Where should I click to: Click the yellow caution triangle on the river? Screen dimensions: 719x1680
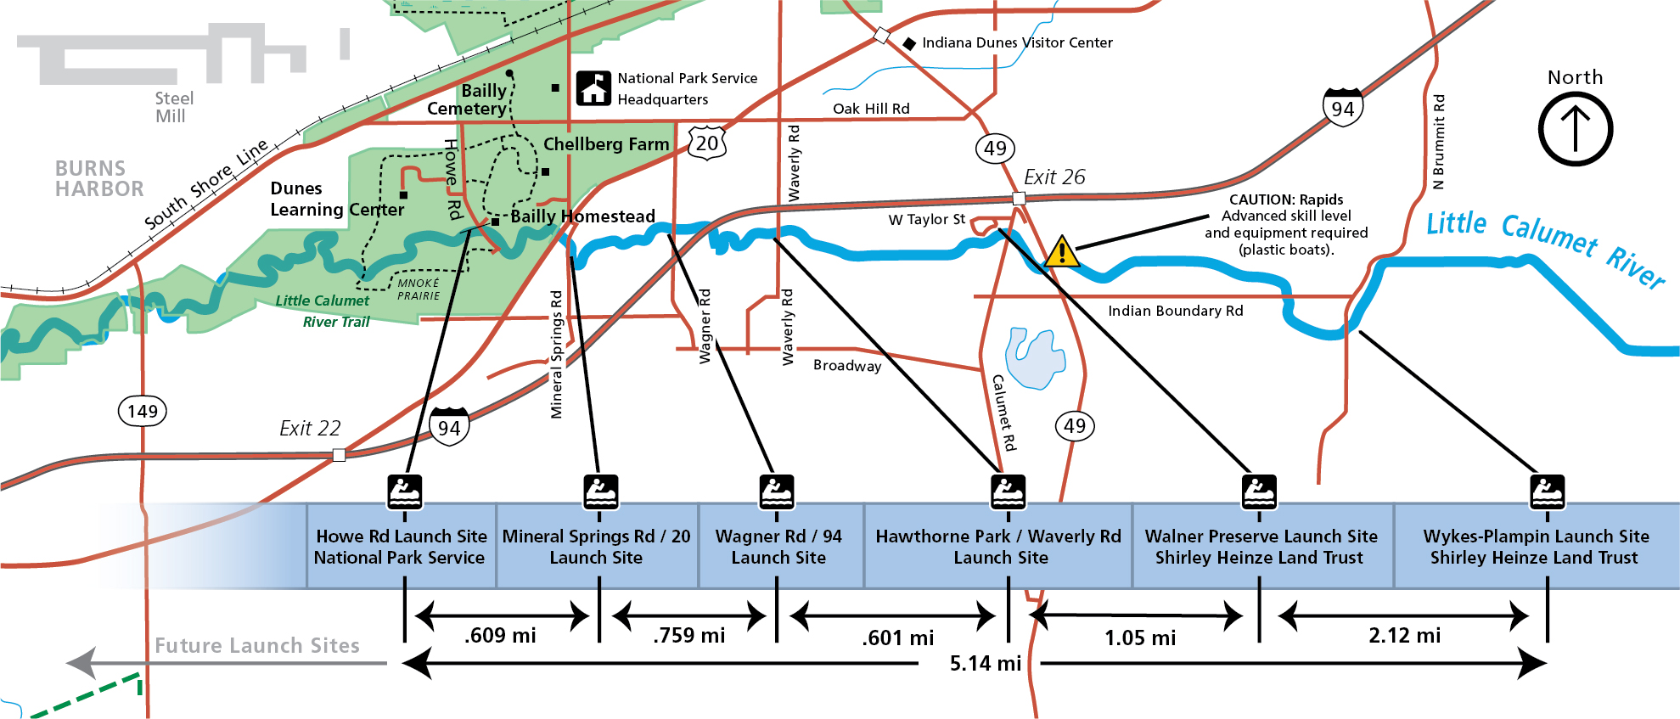click(1061, 252)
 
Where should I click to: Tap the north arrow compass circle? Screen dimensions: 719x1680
click(1575, 129)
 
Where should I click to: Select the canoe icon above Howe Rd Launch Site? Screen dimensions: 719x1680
click(405, 492)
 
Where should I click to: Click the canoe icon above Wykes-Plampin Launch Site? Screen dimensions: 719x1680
click(1547, 492)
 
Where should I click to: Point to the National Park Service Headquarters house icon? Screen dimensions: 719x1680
click(594, 88)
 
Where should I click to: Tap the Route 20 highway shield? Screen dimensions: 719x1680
click(707, 143)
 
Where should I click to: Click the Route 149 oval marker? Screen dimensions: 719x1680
click(142, 412)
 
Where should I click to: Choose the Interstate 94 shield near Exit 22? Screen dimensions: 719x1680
click(449, 427)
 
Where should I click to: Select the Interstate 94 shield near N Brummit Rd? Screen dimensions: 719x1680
click(1342, 107)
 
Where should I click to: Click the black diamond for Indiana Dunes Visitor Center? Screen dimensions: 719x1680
click(908, 43)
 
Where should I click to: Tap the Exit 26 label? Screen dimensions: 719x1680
click(1054, 177)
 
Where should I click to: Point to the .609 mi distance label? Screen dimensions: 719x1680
click(500, 636)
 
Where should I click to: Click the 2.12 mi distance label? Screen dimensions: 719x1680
click(1404, 636)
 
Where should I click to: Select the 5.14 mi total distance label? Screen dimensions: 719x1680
click(985, 664)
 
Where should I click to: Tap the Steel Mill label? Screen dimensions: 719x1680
click(173, 108)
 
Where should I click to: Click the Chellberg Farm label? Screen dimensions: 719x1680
click(606, 145)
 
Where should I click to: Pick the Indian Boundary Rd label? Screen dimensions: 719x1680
click(1175, 312)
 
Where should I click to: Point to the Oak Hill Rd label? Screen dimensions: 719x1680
click(871, 109)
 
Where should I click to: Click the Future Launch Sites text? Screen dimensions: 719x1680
click(256, 646)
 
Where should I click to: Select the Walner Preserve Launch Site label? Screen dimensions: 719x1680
click(1261, 536)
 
